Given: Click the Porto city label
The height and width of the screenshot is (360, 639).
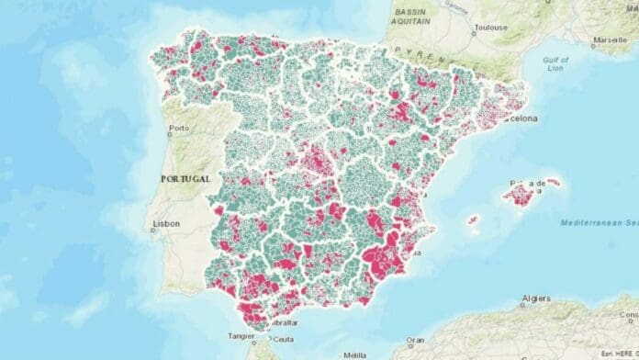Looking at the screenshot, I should [x=179, y=128].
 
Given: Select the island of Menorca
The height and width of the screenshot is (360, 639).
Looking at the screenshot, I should [x=553, y=181].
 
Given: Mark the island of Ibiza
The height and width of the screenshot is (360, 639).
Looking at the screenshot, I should [x=474, y=220].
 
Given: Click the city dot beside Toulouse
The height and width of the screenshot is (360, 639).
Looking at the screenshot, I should [x=474, y=31].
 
